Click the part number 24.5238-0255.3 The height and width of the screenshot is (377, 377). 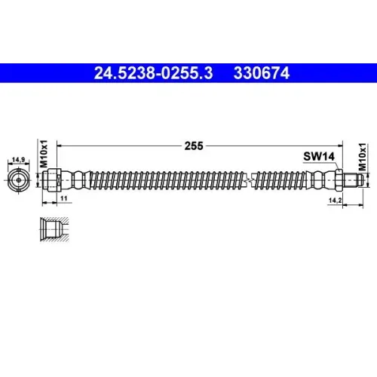tap(153, 73)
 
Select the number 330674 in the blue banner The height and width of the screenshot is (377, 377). tap(262, 73)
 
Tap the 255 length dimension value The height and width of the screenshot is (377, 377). tap(194, 146)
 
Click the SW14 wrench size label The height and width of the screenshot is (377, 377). tap(319, 156)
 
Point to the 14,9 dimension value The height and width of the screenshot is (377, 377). tap(19, 160)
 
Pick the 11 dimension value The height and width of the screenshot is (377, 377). tap(64, 198)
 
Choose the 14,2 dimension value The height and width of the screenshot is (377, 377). tap(336, 201)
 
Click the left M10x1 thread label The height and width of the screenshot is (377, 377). tap(44, 154)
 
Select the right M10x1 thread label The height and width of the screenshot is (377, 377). tap(362, 157)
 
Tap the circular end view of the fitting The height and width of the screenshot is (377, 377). tap(19, 180)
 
